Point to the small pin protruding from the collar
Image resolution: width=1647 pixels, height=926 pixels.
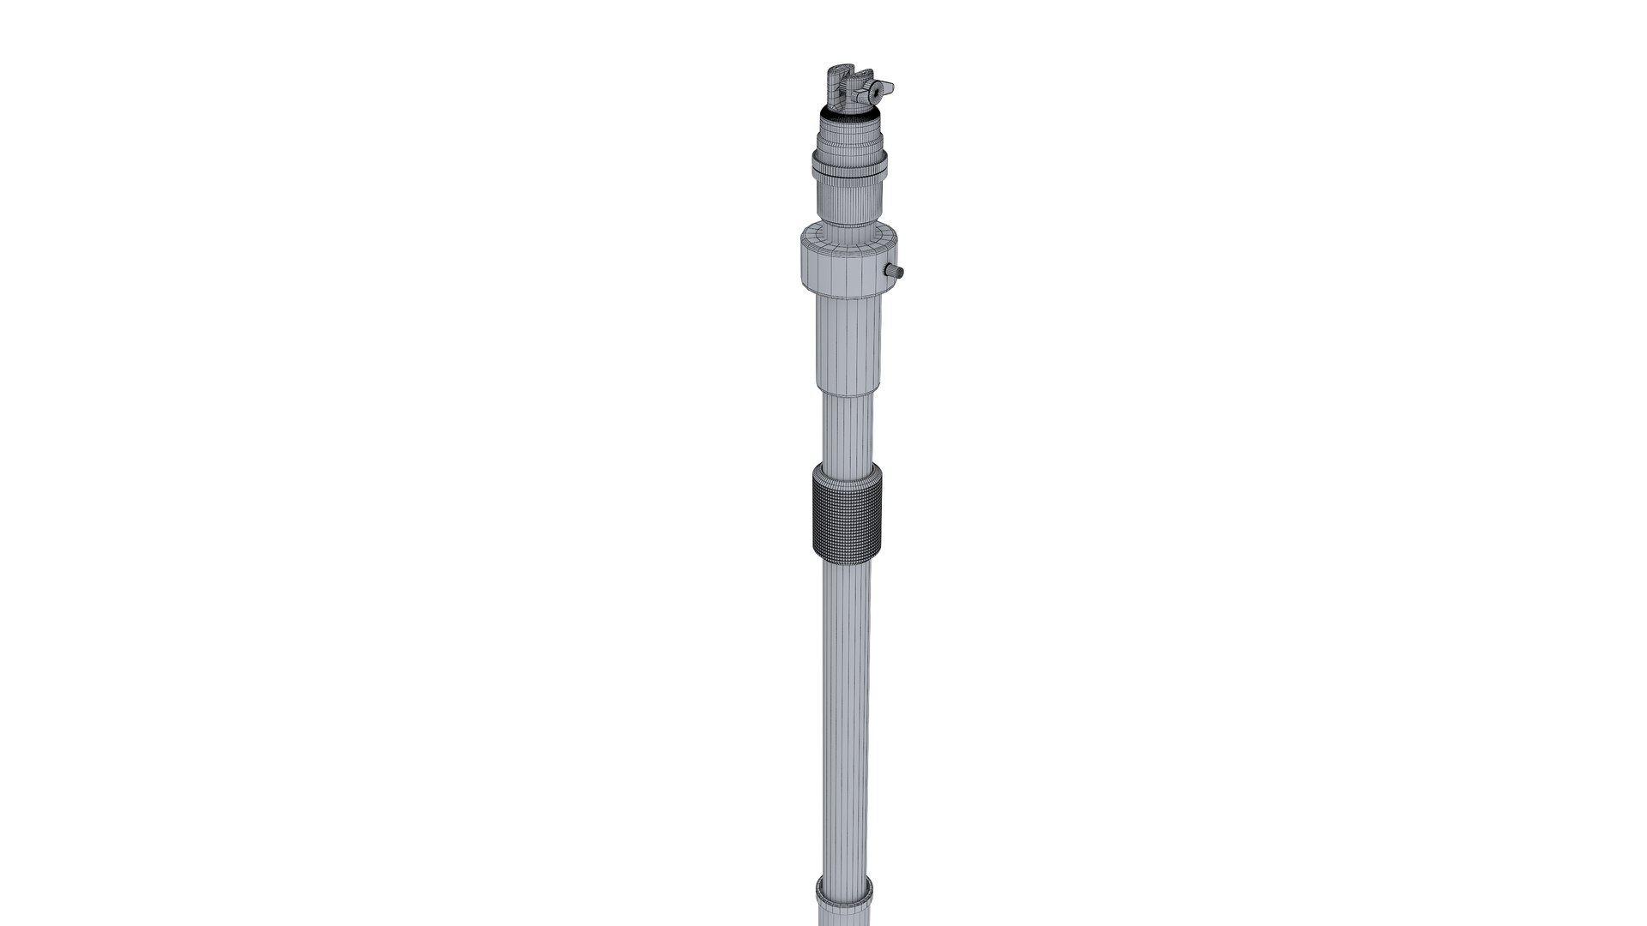[896, 271]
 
